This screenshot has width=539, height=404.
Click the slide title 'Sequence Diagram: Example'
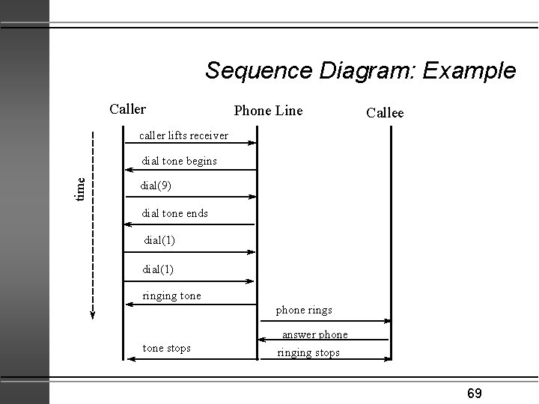point(360,71)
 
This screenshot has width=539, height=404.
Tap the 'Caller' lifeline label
point(127,109)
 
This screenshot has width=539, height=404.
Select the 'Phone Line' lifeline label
point(268,111)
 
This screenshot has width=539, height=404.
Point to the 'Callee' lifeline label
point(385,113)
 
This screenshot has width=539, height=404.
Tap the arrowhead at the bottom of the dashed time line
point(93,313)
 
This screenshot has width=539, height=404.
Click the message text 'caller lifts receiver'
point(183,135)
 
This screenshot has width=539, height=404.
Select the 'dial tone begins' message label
point(180,161)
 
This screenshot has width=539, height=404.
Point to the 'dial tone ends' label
point(175,213)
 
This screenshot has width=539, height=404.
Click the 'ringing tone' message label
point(171,296)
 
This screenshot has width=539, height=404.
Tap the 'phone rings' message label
point(304,309)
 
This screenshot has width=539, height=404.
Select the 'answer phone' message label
point(314,334)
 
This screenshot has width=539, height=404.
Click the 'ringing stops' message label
point(308,352)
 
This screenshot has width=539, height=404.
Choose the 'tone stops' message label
point(166,348)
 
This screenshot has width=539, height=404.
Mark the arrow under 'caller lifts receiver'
point(189,144)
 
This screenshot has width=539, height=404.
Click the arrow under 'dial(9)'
point(189,198)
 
